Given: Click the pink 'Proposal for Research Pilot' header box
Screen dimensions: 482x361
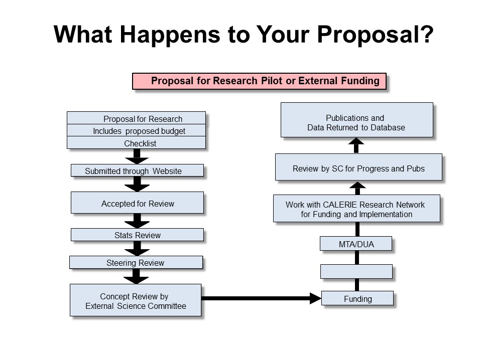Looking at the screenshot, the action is click(259, 81).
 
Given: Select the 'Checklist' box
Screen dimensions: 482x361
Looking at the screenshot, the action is click(136, 143).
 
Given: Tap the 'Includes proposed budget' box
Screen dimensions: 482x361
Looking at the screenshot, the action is click(136, 130).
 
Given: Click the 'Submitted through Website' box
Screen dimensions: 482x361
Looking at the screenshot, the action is click(137, 170).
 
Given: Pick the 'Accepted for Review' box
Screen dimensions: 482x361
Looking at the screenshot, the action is click(137, 203).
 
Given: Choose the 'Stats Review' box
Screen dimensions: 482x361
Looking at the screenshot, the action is click(137, 235).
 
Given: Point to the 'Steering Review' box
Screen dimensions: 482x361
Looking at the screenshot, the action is click(136, 262).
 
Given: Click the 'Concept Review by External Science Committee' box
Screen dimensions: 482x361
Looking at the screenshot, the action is click(136, 300).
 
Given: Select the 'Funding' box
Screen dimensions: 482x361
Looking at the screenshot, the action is click(357, 298).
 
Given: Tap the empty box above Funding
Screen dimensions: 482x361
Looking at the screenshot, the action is click(356, 272).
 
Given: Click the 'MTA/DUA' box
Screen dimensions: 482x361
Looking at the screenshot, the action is click(356, 244).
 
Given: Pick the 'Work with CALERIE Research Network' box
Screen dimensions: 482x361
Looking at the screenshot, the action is click(356, 209).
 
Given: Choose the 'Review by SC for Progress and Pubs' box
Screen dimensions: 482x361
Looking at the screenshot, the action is click(358, 167).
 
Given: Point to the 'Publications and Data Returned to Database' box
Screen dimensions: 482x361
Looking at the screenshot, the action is click(357, 120).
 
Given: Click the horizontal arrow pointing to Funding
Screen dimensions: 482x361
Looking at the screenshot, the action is click(261, 298).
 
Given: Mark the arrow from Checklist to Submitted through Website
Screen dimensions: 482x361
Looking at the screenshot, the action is click(137, 156).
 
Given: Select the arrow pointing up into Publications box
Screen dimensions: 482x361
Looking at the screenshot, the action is click(356, 145).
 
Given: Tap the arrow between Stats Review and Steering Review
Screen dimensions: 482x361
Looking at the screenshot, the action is click(137, 249).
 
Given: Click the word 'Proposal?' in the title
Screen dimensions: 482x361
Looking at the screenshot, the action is click(375, 35).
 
